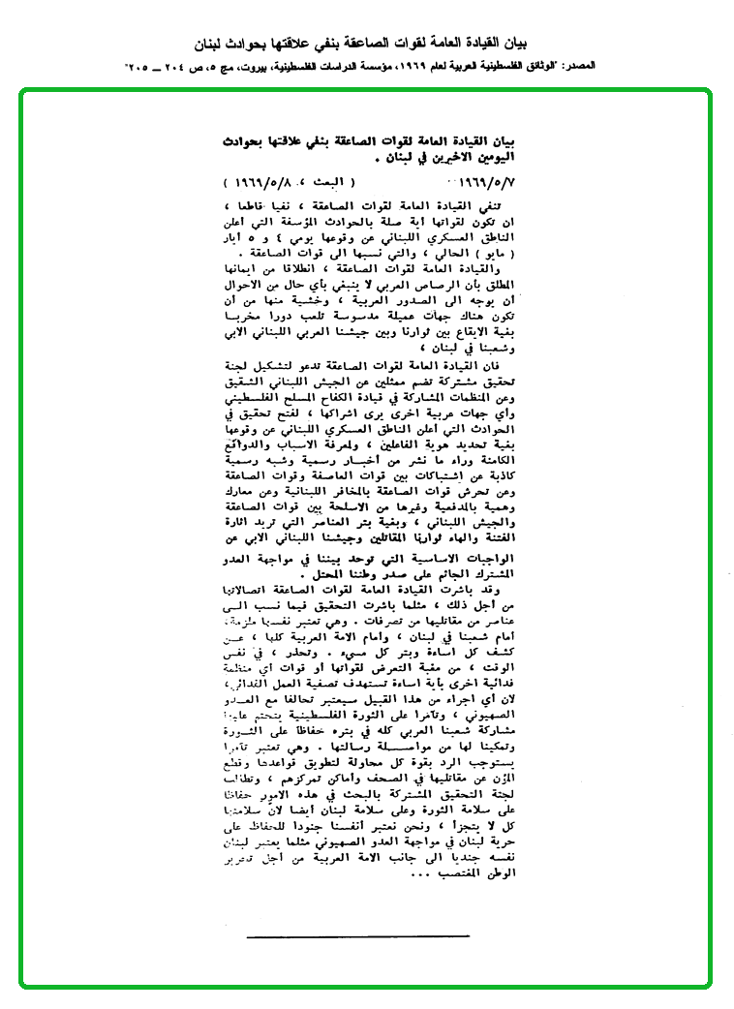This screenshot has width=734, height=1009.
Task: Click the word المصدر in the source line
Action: coord(594,67)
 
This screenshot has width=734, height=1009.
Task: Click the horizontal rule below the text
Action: coord(357,936)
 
